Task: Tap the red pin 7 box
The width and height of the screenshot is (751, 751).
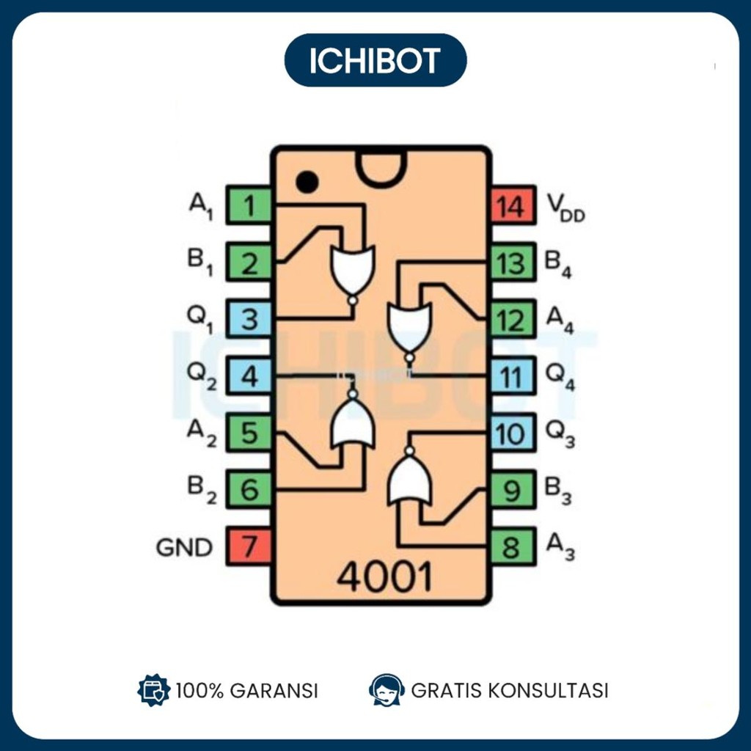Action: [249, 546]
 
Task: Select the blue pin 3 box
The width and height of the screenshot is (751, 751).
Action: [249, 320]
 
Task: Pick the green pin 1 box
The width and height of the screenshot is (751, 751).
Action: [249, 206]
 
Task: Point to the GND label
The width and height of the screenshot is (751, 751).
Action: [184, 547]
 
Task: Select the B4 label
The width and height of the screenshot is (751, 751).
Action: [557, 264]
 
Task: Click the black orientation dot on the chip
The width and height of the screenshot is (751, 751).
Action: [307, 181]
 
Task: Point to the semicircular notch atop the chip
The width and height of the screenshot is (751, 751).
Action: [381, 167]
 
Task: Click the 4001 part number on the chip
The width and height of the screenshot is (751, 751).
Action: [384, 577]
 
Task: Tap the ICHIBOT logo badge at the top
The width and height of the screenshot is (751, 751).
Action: [375, 60]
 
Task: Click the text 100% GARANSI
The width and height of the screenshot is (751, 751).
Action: [246, 690]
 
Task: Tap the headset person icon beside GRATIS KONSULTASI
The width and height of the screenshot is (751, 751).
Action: [387, 689]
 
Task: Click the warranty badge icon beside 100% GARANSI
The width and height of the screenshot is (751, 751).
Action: [153, 690]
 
